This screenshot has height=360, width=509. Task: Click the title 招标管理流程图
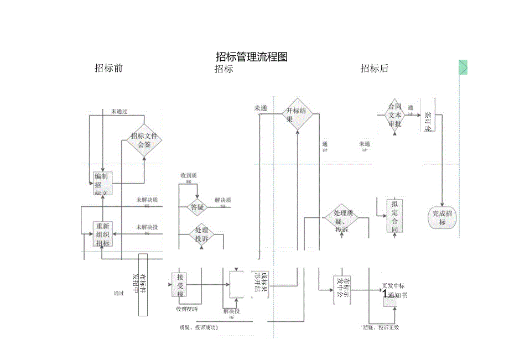pyautogui.click(x=252, y=56)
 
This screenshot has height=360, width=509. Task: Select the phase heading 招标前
pyautogui.click(x=108, y=68)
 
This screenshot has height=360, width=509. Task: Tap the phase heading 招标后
pyautogui.click(x=375, y=69)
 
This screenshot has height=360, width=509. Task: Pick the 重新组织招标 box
pyautogui.click(x=103, y=234)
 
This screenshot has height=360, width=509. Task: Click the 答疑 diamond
pyautogui.click(x=198, y=208)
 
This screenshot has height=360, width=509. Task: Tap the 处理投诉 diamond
pyautogui.click(x=201, y=234)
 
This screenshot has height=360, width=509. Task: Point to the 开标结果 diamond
pyautogui.click(x=298, y=114)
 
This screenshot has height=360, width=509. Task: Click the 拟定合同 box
pyautogui.click(x=394, y=216)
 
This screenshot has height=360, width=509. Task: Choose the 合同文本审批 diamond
pyautogui.click(x=394, y=116)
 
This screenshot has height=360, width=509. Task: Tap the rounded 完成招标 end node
pyautogui.click(x=442, y=218)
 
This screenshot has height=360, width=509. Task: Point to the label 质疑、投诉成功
pyautogui.click(x=199, y=327)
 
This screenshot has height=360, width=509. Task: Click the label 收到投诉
pyautogui.click(x=187, y=309)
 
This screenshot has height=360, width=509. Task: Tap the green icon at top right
pyautogui.click(x=463, y=67)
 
